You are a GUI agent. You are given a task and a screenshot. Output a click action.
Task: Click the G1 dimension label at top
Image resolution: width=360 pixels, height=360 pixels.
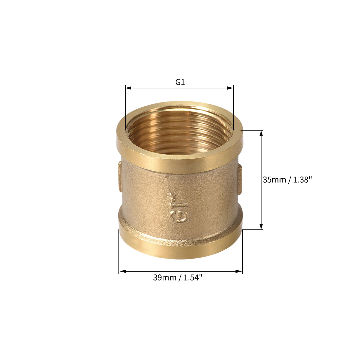tap(180, 82)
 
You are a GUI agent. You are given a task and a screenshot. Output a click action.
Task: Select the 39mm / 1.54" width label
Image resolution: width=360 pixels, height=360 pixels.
tap(178, 278)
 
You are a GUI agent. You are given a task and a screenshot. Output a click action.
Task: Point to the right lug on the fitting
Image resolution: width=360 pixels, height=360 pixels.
tap(240, 179)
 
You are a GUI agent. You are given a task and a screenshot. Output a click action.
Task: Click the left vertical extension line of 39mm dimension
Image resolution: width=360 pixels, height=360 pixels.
tap(119, 252)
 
